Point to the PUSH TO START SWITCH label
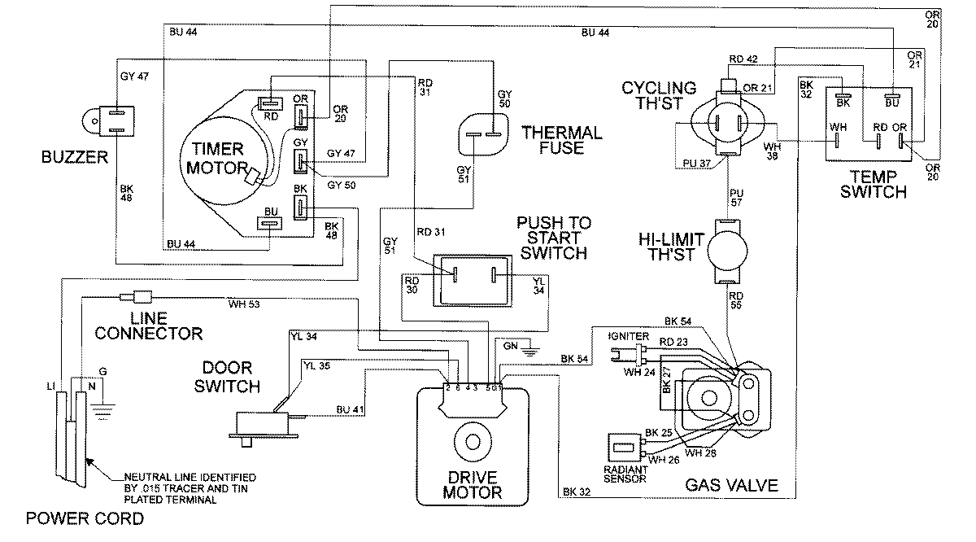point(553,238)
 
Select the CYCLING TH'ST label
point(659,96)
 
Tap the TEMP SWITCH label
point(873,185)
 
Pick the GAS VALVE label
point(731,486)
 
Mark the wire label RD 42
point(743,59)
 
